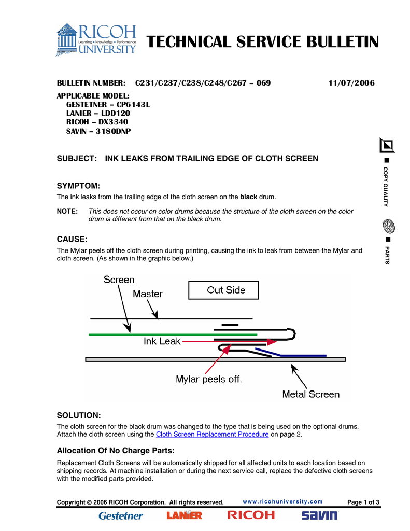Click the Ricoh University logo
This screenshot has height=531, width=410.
pos(96,39)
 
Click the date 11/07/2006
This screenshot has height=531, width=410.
pos(351,83)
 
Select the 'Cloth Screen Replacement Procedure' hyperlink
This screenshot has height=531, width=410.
pos(212,435)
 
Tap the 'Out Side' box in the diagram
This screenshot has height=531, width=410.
pos(226,290)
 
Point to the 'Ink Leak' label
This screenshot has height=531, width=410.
pos(162,341)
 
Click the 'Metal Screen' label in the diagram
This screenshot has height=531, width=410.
pos(310,394)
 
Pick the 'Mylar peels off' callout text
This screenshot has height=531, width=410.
pos(209,379)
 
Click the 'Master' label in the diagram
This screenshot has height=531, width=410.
pos(147,294)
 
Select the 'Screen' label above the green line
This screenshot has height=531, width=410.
pos(119,280)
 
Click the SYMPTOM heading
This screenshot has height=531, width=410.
pos(78,186)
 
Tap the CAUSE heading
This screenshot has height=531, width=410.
pos(72,239)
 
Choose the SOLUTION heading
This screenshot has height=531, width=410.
pos(78,415)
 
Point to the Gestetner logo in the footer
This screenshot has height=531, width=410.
pos(121,515)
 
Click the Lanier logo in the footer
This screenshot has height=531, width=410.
pos(185,515)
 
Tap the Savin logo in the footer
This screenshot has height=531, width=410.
pos(319,515)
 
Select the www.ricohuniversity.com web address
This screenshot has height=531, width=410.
pos(282,501)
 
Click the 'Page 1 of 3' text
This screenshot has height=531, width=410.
pos(363,502)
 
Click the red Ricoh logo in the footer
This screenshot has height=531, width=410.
pos(251,515)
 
